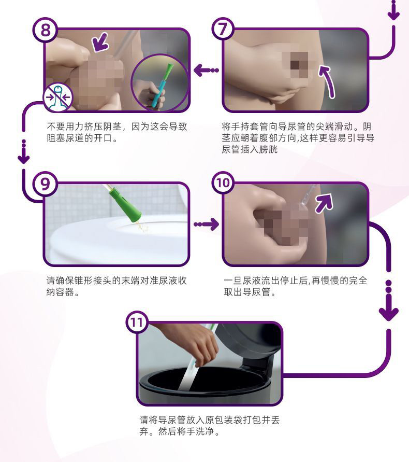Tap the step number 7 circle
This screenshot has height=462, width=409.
click(223, 30)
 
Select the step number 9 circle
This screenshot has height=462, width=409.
click(46, 185)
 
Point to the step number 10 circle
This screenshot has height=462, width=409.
click(224, 184)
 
